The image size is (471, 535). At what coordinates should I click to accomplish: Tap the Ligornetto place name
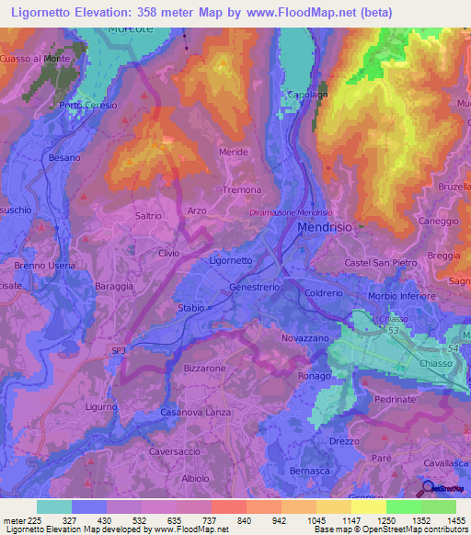[231, 260]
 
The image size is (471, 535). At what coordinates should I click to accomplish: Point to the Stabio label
[191, 308]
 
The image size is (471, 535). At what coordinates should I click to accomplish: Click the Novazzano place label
[303, 339]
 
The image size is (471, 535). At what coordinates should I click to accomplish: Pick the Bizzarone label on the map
[204, 368]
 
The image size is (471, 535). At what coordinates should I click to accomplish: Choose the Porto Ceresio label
[88, 105]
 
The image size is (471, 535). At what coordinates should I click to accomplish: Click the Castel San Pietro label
[382, 264]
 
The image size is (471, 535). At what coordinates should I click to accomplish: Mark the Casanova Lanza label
[196, 412]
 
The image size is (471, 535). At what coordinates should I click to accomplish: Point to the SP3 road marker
[119, 350]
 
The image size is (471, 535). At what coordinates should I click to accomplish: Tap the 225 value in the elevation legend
[29, 519]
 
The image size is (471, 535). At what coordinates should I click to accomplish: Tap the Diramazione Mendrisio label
[290, 212]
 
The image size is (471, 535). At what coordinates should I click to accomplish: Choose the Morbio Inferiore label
[401, 296]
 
